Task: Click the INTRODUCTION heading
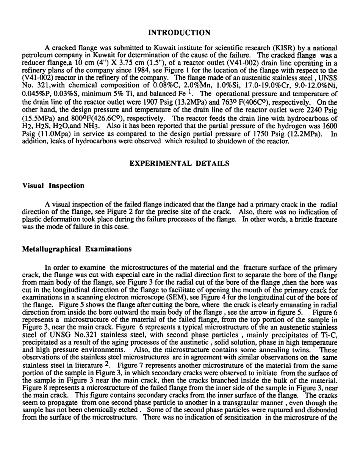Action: point(179,33)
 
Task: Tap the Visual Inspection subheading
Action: point(53,186)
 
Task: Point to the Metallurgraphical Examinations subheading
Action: point(77,249)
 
